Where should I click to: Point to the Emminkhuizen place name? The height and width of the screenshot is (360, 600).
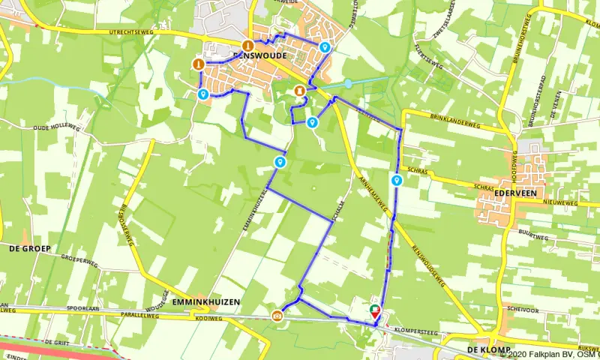click(206, 302)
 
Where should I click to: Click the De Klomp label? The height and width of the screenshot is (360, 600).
click(487, 350)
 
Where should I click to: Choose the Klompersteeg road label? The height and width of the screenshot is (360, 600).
click(413, 328)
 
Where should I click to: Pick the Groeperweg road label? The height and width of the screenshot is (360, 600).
click(79, 263)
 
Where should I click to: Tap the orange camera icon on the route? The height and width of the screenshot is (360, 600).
click(277, 315)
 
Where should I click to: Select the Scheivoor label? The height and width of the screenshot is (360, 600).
click(523, 308)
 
